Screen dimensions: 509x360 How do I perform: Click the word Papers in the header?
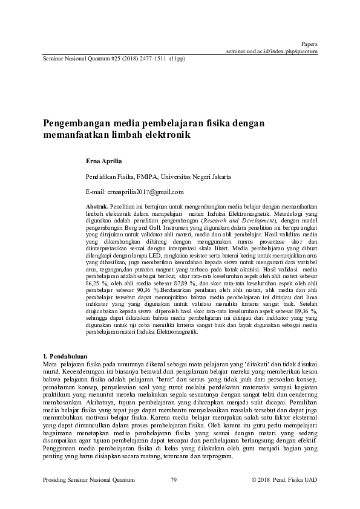click(309, 44)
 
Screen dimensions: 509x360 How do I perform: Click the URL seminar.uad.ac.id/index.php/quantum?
click(272, 52)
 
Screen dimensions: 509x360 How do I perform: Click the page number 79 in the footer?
click(174, 479)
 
